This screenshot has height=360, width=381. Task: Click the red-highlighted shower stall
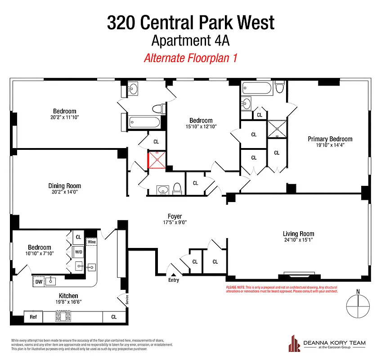tap(157, 160)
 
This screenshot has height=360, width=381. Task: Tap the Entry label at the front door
tap(174, 280)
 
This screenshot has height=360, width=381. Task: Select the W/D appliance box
tap(78, 252)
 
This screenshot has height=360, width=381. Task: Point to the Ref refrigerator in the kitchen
tap(33, 317)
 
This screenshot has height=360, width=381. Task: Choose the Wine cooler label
tap(92, 242)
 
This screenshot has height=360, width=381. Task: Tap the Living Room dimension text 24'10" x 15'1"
tap(298, 240)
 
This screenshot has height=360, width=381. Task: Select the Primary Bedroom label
tap(330, 139)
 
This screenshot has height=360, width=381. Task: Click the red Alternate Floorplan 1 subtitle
tap(190, 58)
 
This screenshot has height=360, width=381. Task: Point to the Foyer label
tap(175, 216)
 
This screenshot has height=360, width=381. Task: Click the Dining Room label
tap(65, 186)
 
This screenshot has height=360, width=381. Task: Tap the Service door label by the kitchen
tap(127, 300)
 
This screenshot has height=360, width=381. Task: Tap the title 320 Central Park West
tap(190, 22)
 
